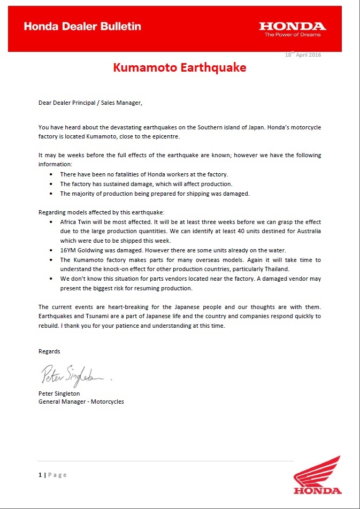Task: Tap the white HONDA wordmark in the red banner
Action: click(292, 26)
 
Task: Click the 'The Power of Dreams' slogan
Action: click(293, 35)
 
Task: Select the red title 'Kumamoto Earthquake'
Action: click(180, 68)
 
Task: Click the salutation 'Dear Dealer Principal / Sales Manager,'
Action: click(90, 103)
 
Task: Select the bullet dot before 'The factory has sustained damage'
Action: click(51, 184)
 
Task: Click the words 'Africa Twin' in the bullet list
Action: click(75, 221)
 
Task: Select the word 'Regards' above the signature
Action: click(49, 351)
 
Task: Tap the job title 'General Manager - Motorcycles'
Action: click(81, 402)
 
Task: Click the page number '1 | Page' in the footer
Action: click(52, 475)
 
